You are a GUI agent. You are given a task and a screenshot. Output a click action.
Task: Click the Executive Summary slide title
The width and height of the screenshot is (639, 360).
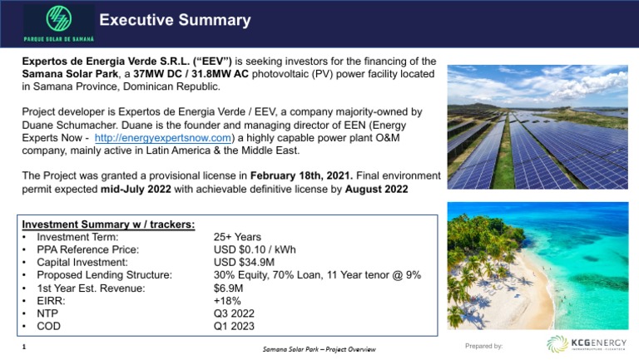click(175, 20)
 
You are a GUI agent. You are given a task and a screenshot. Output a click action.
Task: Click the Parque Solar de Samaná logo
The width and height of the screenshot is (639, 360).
click(58, 22)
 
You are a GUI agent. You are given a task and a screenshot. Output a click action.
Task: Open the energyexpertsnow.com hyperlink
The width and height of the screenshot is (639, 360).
click(162, 137)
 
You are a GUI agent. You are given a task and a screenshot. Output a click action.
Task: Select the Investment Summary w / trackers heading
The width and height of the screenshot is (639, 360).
click(108, 224)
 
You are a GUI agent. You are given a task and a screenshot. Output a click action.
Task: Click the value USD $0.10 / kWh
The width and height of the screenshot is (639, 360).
click(255, 249)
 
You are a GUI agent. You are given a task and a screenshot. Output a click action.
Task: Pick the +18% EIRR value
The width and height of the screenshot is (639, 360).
click(227, 300)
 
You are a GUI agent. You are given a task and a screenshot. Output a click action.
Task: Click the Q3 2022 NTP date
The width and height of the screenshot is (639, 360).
click(234, 313)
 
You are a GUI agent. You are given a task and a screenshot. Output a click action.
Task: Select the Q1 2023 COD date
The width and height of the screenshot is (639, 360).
click(234, 327)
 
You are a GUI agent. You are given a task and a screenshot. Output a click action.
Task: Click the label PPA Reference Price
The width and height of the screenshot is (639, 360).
click(88, 249)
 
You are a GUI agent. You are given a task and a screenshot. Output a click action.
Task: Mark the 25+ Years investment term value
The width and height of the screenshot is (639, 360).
click(237, 237)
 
